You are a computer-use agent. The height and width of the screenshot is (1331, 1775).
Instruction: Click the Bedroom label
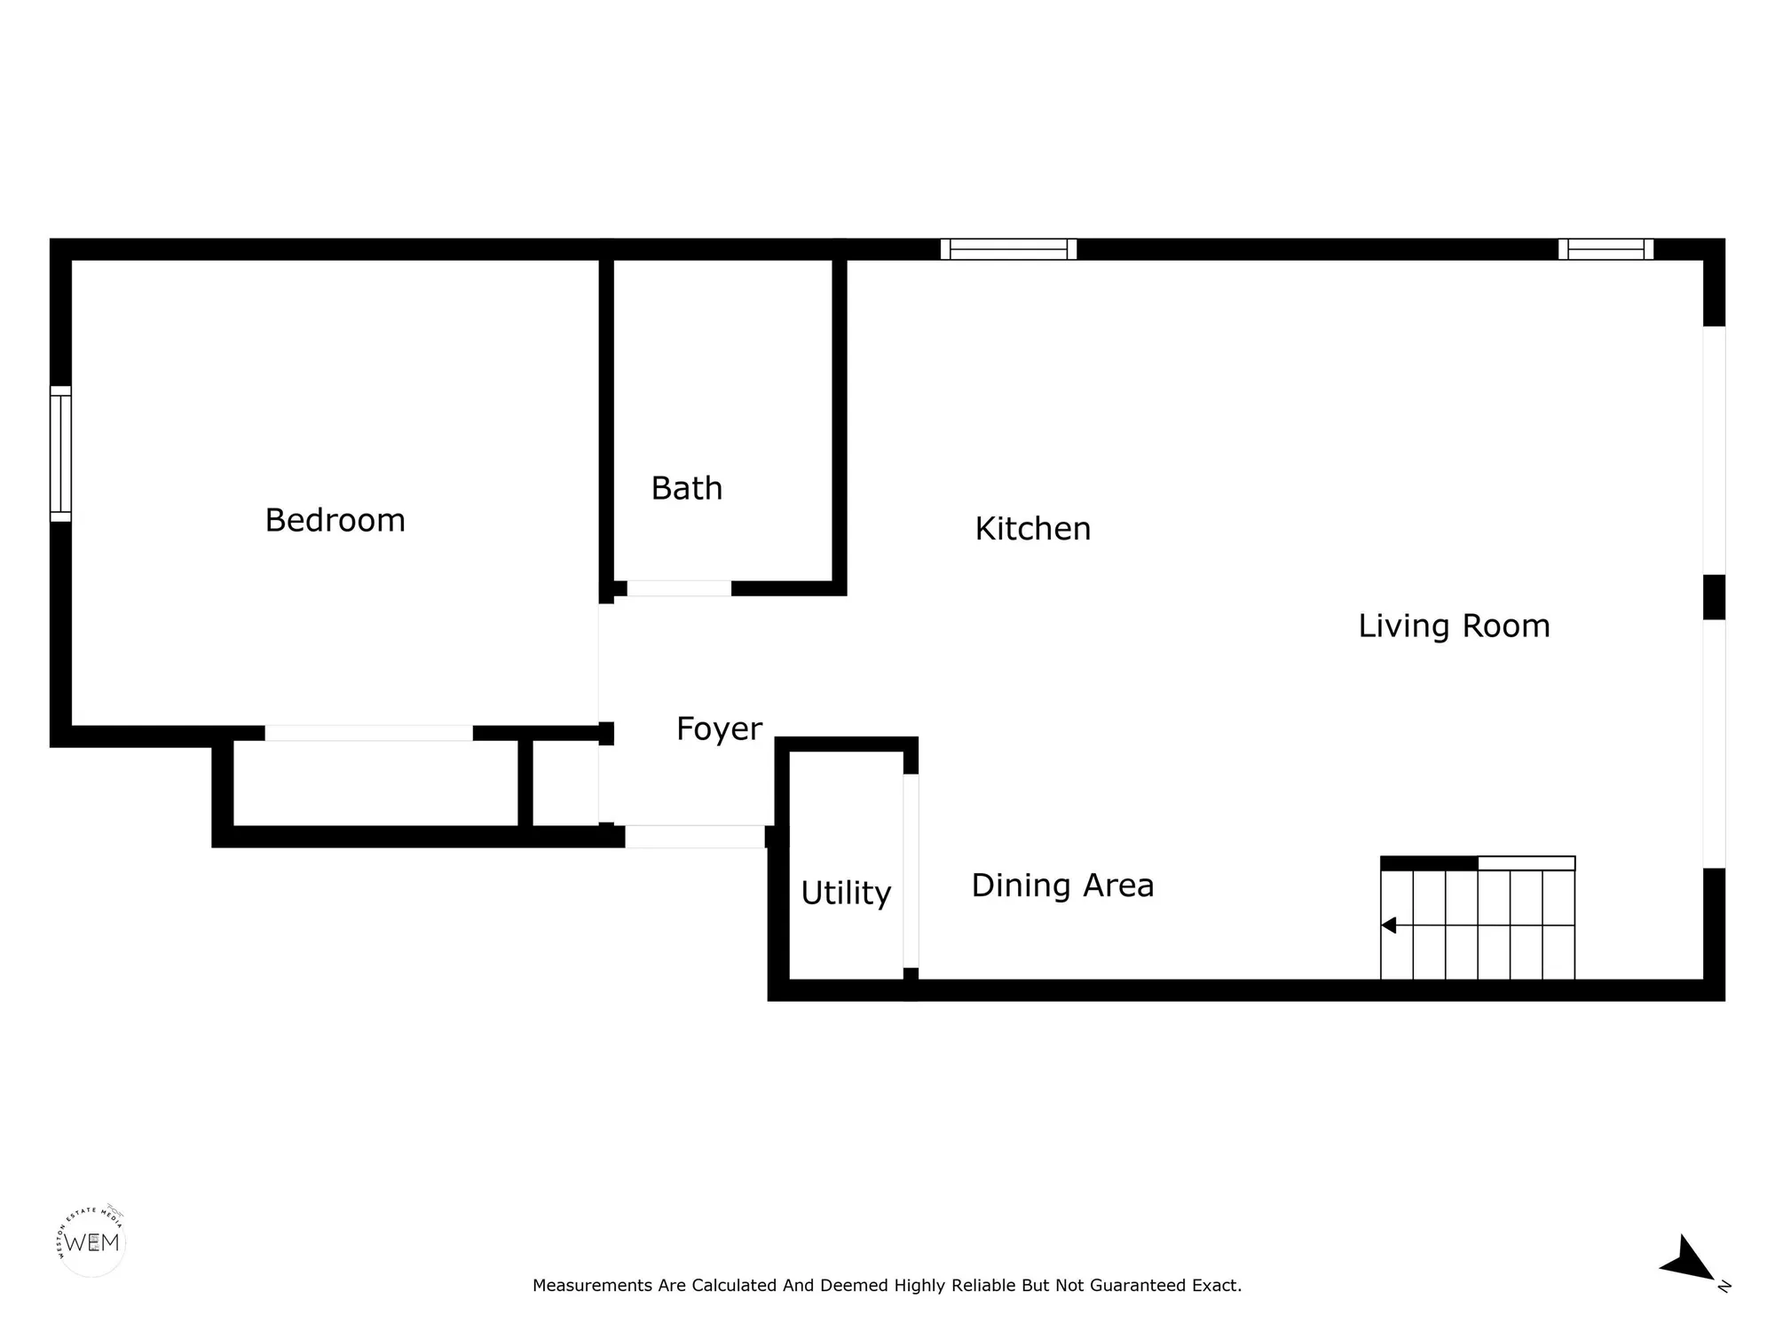(335, 520)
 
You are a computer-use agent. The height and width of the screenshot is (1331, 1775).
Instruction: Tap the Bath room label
(686, 489)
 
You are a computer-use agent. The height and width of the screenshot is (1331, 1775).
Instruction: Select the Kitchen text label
(1032, 529)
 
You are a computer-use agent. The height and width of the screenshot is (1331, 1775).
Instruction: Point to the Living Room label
(1454, 626)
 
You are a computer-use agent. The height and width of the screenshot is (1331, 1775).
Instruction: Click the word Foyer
(719, 729)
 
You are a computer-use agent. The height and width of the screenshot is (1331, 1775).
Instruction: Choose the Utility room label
(845, 893)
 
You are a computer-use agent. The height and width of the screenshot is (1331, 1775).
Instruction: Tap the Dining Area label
(1062, 886)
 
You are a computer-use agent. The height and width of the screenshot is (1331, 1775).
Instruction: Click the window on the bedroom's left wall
(60, 453)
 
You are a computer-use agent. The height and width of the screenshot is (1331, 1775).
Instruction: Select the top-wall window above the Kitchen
(1008, 249)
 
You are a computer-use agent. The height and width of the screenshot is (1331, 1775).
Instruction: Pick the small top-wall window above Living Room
(1605, 249)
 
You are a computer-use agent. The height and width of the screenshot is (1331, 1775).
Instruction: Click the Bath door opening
(679, 588)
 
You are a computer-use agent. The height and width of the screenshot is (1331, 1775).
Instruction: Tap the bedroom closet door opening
(368, 733)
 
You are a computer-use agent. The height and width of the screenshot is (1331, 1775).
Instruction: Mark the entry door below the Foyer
(694, 837)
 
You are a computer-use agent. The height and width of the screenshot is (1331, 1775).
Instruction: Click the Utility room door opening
(911, 870)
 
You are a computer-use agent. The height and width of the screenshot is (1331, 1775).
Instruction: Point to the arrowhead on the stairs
(1389, 925)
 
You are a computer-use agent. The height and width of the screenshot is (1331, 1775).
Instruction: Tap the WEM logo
(91, 1242)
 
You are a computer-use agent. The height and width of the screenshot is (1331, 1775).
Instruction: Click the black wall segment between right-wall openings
(1714, 597)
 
